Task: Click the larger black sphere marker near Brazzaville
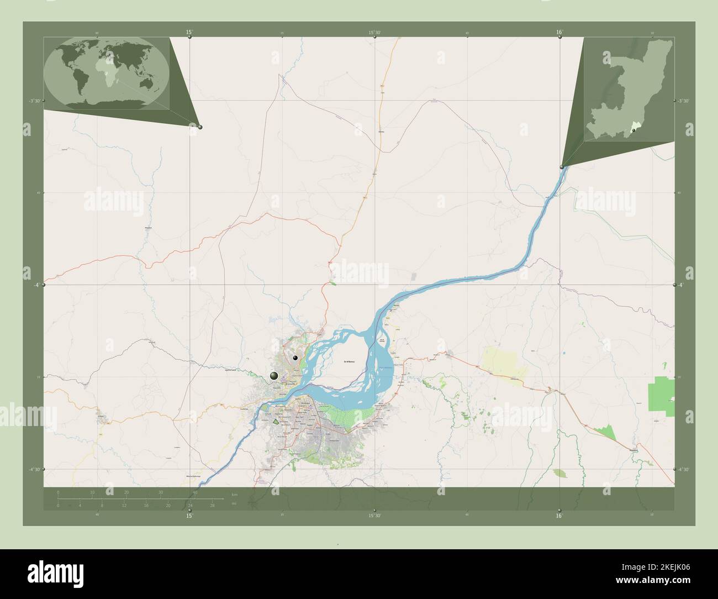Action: click(274, 376)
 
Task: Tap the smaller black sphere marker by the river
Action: click(295, 358)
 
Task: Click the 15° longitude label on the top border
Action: click(189, 33)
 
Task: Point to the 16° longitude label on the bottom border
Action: click(559, 516)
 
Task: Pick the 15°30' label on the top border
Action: click(375, 33)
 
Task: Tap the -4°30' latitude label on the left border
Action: click(34, 469)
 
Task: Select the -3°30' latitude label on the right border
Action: click(684, 101)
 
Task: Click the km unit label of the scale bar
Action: click(234, 494)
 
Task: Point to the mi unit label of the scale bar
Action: click(234, 503)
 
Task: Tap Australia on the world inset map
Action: click(147, 83)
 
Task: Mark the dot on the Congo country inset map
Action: click(642, 130)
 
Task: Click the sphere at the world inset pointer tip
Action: click(200, 127)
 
